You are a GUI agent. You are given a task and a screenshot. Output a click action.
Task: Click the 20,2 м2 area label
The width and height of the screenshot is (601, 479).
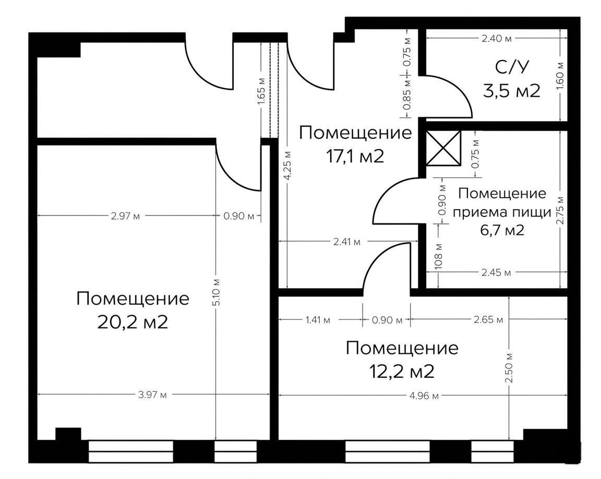(x=133, y=322)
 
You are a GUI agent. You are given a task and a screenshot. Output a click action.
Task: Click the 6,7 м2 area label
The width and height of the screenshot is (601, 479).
(x=501, y=230)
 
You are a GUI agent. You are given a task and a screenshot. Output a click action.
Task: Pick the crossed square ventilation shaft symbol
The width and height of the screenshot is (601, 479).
(x=443, y=148)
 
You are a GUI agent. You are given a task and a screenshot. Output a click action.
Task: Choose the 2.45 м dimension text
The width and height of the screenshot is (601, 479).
(x=496, y=272)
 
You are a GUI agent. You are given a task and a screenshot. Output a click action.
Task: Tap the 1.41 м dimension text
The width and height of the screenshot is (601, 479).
(x=318, y=319)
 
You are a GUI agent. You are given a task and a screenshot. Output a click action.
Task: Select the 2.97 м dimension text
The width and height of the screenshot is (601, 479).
(x=126, y=216)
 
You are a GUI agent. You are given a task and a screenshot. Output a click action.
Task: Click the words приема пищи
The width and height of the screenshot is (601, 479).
(x=501, y=212)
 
